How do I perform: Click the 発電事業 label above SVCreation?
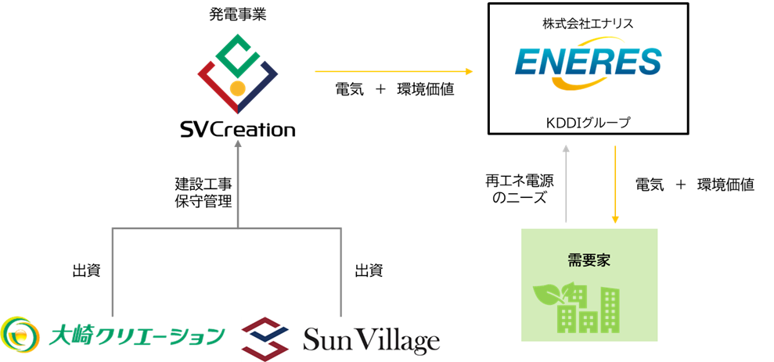238,14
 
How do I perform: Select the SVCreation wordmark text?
238,129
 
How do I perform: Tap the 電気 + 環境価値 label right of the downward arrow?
694,185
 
